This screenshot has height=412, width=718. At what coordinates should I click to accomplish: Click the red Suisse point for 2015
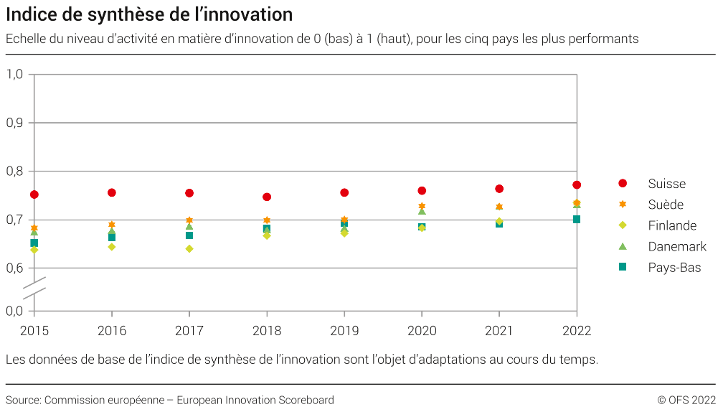pyautogui.click(x=34, y=195)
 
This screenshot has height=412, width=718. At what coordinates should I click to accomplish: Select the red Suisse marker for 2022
pyautogui.click(x=577, y=185)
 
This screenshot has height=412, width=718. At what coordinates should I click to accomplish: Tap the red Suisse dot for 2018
pyautogui.click(x=267, y=197)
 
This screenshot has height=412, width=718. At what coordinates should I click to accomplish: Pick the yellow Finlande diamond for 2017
pyautogui.click(x=189, y=248)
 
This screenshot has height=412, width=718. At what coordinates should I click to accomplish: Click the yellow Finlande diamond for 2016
pyautogui.click(x=112, y=247)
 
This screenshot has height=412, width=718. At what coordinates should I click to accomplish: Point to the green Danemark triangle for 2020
pyautogui.click(x=422, y=211)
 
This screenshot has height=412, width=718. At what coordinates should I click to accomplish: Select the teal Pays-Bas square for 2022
pyautogui.click(x=577, y=219)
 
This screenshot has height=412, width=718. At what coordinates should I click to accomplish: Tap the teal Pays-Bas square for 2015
pyautogui.click(x=34, y=243)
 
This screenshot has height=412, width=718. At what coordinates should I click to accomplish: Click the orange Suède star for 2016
pyautogui.click(x=112, y=225)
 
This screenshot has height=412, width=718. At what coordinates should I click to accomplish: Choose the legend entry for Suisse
pyautogui.click(x=666, y=184)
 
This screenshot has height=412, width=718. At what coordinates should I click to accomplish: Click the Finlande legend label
pyautogui.click(x=672, y=225)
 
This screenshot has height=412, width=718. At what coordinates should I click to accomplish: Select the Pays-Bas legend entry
pyautogui.click(x=674, y=267)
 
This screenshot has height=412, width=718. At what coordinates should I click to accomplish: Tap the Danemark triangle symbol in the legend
pyautogui.click(x=623, y=246)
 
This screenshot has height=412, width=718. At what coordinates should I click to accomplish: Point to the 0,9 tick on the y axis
pyautogui.click(x=15, y=123)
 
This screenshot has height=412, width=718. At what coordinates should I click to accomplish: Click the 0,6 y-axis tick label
pyautogui.click(x=15, y=268)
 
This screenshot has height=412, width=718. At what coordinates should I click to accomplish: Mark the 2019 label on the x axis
pyautogui.click(x=344, y=330)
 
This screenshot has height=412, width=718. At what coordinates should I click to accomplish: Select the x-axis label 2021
pyautogui.click(x=499, y=330)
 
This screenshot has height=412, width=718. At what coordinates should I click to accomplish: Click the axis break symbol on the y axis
pyautogui.click(x=34, y=285)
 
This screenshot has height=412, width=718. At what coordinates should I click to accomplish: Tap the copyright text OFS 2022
pyautogui.click(x=686, y=400)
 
